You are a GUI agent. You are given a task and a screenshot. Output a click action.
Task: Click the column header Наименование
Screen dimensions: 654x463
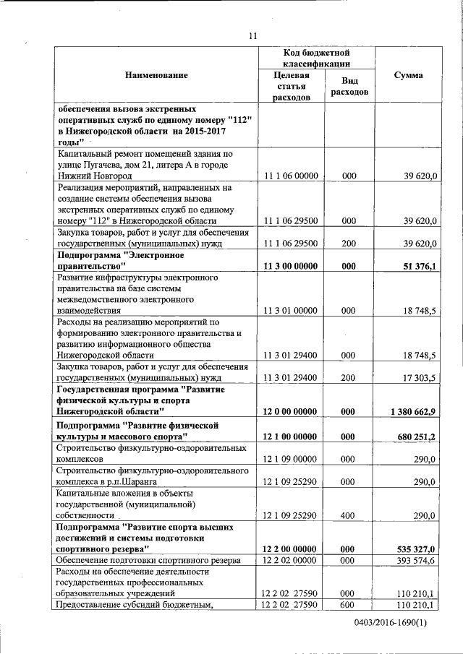click(x=156, y=75)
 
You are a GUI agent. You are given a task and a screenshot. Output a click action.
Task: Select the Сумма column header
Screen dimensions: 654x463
click(x=409, y=75)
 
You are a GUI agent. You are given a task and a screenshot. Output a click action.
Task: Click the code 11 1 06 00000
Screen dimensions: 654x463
click(x=291, y=176)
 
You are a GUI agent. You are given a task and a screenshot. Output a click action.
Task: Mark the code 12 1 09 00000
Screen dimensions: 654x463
click(x=291, y=459)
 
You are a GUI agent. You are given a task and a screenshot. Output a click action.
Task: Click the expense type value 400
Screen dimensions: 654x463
click(x=349, y=515)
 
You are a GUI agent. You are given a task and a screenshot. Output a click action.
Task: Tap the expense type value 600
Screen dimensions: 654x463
click(x=349, y=605)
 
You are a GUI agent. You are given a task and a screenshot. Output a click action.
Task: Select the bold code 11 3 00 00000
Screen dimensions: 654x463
click(x=291, y=266)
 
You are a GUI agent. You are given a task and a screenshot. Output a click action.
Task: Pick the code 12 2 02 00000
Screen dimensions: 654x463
click(x=291, y=561)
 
